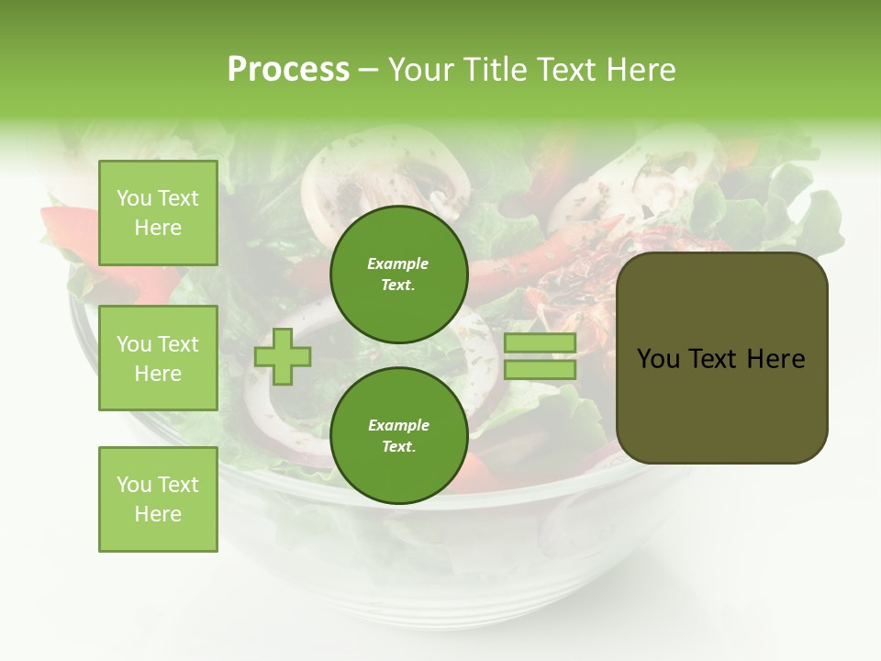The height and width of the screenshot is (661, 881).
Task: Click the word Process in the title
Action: pyautogui.click(x=288, y=70)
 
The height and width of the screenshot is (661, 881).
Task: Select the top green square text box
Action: pyautogui.click(x=158, y=213)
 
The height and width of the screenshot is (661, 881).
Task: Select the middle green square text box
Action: pyautogui.click(x=158, y=358)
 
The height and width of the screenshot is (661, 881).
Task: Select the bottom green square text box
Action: pyautogui.click(x=158, y=499)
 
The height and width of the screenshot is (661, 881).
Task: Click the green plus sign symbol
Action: pyautogui.click(x=283, y=356)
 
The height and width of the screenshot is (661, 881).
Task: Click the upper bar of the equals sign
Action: pyautogui.click(x=541, y=342)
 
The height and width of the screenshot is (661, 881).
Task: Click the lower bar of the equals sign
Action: pyautogui.click(x=541, y=369)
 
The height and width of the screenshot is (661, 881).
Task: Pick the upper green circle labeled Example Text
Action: pyautogui.click(x=398, y=274)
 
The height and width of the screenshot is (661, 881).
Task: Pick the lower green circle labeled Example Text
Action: pyautogui.click(x=398, y=435)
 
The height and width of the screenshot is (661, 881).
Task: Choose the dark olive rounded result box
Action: pyautogui.click(x=721, y=358)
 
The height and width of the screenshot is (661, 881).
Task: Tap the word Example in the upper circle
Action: pyautogui.click(x=398, y=263)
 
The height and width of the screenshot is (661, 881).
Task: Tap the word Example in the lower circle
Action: pyautogui.click(x=398, y=425)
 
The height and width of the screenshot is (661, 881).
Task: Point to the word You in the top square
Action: pyautogui.click(x=134, y=198)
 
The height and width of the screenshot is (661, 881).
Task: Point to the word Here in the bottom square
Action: pyautogui.click(x=158, y=514)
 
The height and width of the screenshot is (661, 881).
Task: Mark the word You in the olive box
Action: pyautogui.click(x=658, y=359)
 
